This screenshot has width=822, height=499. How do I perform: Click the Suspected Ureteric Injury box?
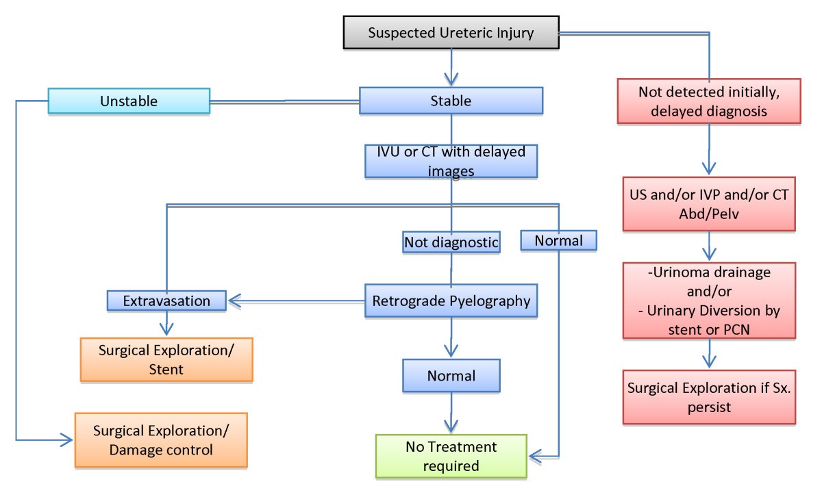pos(450,33)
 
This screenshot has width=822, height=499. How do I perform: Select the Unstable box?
pos(129,101)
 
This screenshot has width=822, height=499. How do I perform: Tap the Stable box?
pos(451,101)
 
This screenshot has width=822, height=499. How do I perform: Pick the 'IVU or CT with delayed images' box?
pos(451,161)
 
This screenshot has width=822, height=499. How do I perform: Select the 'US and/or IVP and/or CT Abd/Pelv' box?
pos(708,203)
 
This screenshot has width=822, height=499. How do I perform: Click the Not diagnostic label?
pos(451,242)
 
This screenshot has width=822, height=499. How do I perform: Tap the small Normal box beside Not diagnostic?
pos(558,240)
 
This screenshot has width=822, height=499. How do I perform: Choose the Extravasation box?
pos(166,300)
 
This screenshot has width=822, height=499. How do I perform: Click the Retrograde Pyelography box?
pos(451,300)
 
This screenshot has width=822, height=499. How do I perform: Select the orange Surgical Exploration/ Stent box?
pos(166,359)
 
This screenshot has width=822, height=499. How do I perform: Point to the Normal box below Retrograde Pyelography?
pos(451,376)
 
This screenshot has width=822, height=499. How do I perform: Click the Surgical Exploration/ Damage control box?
pos(160,440)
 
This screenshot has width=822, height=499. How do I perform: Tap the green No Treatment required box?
pos(451,456)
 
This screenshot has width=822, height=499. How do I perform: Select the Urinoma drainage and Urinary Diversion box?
pos(708,300)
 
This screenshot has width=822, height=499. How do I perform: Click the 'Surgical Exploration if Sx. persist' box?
pos(708,397)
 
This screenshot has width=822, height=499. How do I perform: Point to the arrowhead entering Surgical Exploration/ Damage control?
pos(66,440)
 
